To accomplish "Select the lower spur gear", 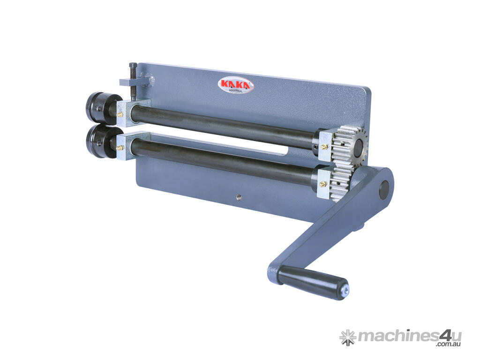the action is [342, 183].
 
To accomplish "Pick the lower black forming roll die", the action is [101, 142].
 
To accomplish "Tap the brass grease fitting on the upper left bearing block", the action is [120, 115].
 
